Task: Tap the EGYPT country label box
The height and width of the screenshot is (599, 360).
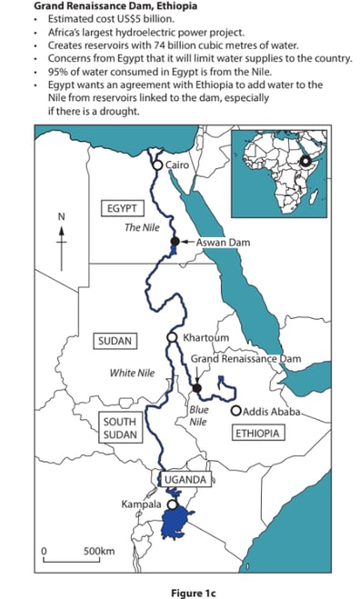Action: [x=125, y=208]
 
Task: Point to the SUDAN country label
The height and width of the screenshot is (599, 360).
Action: [x=114, y=342]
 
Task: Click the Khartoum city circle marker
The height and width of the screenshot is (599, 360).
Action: [x=172, y=338]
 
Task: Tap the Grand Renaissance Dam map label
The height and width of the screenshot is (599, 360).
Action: [x=245, y=359]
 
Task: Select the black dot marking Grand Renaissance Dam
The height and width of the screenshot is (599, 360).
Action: [x=196, y=388]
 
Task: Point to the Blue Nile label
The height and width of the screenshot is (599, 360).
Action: [x=199, y=415]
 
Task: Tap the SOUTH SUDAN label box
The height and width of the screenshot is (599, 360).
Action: [x=119, y=429]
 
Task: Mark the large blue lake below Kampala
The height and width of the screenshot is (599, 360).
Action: [x=178, y=526]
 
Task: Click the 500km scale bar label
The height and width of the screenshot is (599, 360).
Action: [x=98, y=551]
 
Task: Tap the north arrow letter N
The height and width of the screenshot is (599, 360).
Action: [x=61, y=216]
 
